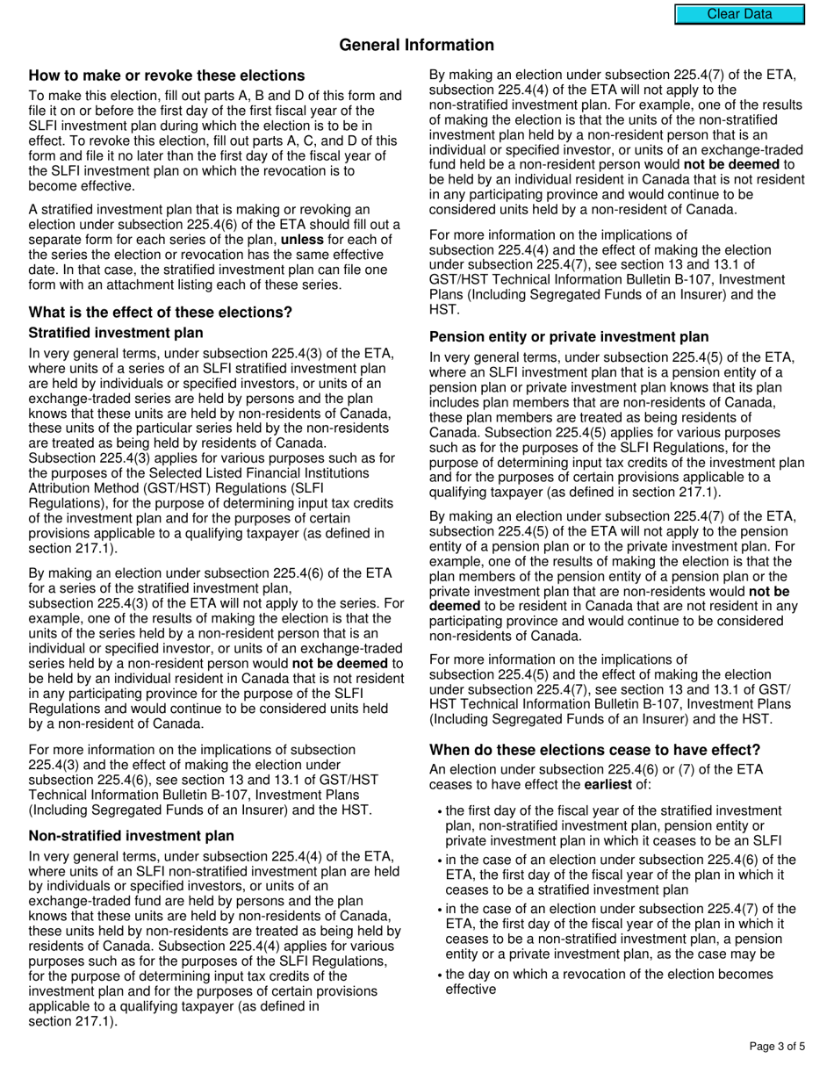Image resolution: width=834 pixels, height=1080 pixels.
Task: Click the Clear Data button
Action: (739, 14)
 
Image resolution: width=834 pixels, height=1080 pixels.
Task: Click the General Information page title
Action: (416, 45)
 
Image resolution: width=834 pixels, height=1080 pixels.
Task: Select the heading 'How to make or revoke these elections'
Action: (167, 76)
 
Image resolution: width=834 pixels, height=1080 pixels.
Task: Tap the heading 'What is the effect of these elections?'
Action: (161, 313)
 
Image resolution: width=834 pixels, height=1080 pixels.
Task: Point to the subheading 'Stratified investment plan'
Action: (116, 333)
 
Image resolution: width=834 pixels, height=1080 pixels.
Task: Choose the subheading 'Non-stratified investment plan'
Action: (132, 836)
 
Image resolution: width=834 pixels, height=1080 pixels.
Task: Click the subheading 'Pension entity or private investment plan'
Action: (569, 336)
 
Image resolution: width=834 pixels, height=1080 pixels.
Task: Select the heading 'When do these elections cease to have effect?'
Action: (594, 750)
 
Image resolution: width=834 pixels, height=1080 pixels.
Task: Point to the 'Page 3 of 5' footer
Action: (776, 1047)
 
